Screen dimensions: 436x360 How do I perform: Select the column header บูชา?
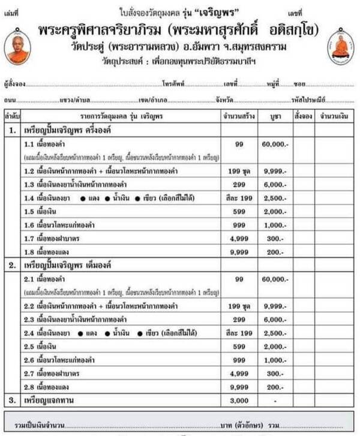[x=275, y=115]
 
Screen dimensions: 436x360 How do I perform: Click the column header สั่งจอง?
[x=302, y=115]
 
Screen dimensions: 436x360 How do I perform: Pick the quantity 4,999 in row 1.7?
[x=239, y=239]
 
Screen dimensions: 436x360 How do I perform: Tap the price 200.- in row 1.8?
[x=275, y=252]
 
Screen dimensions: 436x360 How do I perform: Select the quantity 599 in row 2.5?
[x=239, y=346]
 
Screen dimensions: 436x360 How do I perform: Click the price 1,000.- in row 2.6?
[x=275, y=360]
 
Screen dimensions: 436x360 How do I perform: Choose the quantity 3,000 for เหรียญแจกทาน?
[x=239, y=400]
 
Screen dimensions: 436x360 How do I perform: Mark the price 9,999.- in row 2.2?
[x=275, y=306]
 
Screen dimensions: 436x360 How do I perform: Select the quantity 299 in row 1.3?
[x=239, y=184]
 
